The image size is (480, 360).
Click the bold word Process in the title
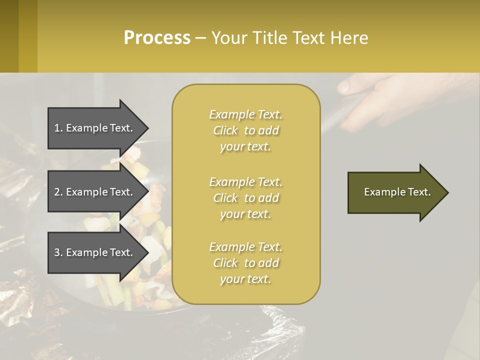tap(157, 38)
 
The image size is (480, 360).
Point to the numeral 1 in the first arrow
tap(57, 128)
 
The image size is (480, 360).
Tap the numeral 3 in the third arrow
tap(57, 252)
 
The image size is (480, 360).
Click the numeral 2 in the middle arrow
tap(57, 192)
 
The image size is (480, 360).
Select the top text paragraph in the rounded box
tap(245, 130)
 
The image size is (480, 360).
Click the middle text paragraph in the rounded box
tap(245, 198)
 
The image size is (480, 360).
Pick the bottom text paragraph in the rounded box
tap(245, 263)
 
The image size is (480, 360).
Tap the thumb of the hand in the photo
tap(350, 86)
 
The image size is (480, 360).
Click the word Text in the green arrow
tap(419, 192)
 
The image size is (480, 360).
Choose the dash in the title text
tap(200, 38)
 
